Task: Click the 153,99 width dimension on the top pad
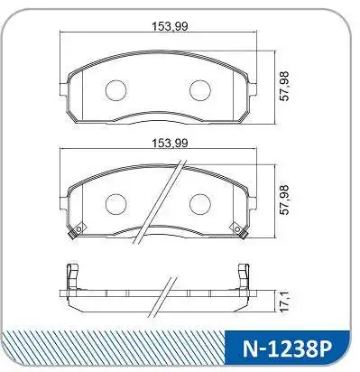tap(170, 26)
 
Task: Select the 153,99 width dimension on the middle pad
tap(170, 143)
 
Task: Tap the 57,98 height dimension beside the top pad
tap(284, 86)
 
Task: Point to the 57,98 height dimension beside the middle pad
tap(284, 200)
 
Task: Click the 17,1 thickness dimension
tap(284, 302)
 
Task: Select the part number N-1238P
tap(287, 349)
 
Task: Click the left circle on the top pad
tap(115, 90)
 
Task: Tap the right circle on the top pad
tap(200, 90)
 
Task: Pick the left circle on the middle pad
tap(115, 204)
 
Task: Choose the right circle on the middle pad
tap(200, 204)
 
